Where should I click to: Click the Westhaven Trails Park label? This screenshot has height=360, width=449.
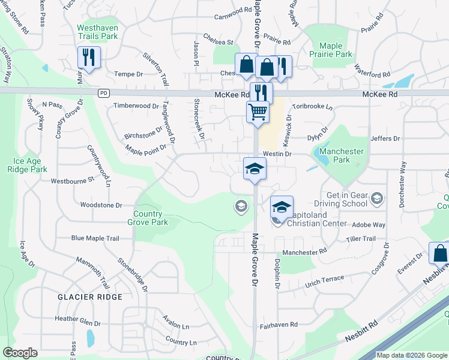[x=97, y=32]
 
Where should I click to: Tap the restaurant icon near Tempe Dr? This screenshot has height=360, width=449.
[x=88, y=58]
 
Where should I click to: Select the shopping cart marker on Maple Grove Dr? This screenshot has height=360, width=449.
[x=258, y=112]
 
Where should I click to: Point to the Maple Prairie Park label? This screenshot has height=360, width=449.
[x=336, y=50]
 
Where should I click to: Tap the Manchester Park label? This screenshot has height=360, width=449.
[x=342, y=156]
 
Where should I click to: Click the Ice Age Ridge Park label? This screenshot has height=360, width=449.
[x=31, y=165]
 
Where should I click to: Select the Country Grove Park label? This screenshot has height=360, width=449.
[x=148, y=218]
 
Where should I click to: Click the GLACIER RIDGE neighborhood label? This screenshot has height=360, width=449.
[x=90, y=297]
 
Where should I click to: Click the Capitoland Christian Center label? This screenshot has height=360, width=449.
[x=317, y=219]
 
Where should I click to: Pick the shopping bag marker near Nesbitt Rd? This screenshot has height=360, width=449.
[x=440, y=254]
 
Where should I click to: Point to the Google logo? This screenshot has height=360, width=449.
[x=20, y=353]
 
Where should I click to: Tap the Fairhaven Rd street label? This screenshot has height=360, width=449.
[x=279, y=325]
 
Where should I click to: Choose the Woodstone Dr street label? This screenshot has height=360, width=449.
[x=101, y=205]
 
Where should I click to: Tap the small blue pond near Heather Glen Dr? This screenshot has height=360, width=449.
[x=90, y=338]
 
